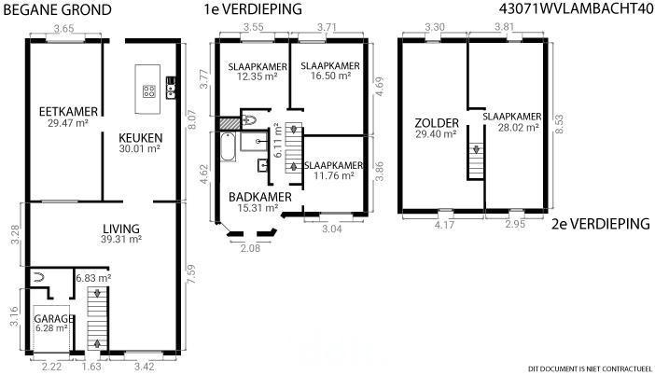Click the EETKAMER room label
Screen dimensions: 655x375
pyautogui.click(x=68, y=112)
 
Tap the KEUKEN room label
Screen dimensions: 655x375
pyautogui.click(x=140, y=138)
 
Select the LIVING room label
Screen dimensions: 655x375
pyautogui.click(x=121, y=229)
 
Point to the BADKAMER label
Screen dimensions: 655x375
pyautogui.click(x=259, y=197)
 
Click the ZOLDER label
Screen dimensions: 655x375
pyautogui.click(x=437, y=123)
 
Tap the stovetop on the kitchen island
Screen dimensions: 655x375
pyautogui.click(x=149, y=91)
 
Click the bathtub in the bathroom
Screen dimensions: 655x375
pyautogui.click(x=228, y=146)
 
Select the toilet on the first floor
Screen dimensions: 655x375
pyautogui.click(x=248, y=120)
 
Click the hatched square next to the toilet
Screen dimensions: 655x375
pyautogui.click(x=230, y=123)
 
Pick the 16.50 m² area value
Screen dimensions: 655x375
pyautogui.click(x=330, y=76)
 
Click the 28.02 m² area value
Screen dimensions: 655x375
pyautogui.click(x=518, y=128)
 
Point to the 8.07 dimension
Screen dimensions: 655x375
pyautogui.click(x=191, y=119)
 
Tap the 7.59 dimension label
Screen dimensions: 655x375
pyautogui.click(x=191, y=274)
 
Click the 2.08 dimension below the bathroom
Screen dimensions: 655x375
pyautogui.click(x=250, y=248)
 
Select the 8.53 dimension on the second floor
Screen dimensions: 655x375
pyautogui.click(x=559, y=124)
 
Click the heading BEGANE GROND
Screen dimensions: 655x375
pyautogui.click(x=57, y=10)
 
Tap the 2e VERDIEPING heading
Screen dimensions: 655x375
pyautogui.click(x=601, y=224)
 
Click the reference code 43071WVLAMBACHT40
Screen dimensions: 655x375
pyautogui.click(x=576, y=9)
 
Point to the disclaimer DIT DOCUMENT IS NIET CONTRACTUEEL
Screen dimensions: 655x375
pyautogui.click(x=590, y=368)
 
